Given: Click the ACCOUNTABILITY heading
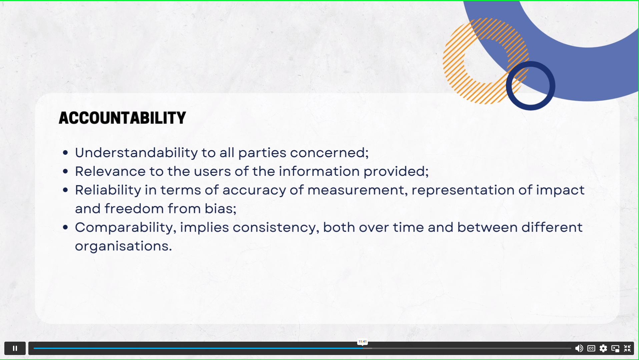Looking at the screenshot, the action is (122, 118).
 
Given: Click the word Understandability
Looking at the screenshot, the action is (136, 153).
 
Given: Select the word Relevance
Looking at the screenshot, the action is (110, 171).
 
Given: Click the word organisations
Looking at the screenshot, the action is (123, 246).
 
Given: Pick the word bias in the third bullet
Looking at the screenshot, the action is (220, 209).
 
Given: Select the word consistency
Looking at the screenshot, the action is (276, 228).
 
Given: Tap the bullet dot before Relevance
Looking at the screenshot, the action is (65, 171).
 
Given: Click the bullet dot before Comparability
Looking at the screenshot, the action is (65, 228).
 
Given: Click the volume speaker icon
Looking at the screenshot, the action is (579, 348).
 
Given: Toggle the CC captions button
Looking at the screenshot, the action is (591, 348).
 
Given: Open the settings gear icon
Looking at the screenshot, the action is (603, 348).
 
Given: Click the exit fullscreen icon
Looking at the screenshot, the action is (627, 348).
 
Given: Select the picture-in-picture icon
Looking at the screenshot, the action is (615, 348).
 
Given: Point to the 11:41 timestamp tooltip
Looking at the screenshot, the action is (363, 342).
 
